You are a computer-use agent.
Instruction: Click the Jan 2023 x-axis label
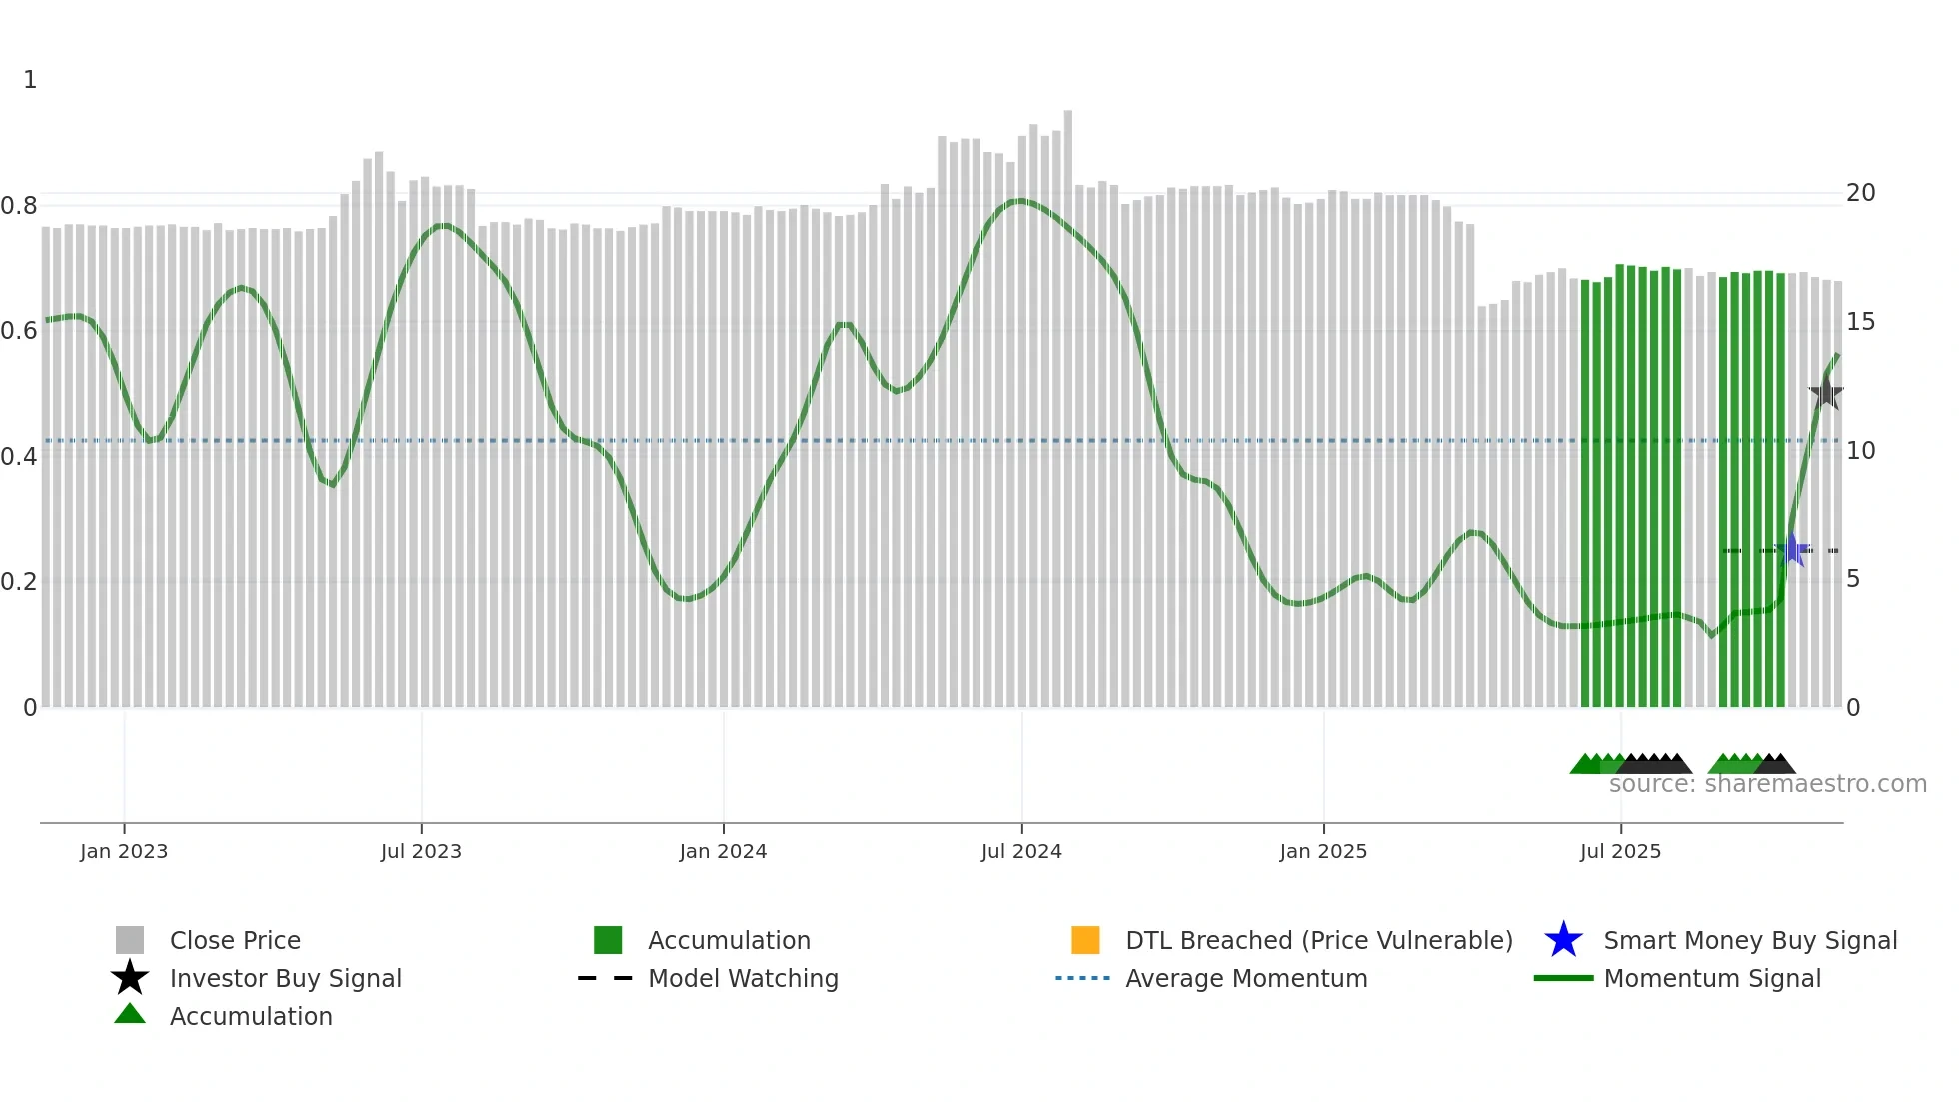click(124, 851)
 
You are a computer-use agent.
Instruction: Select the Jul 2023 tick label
click(421, 851)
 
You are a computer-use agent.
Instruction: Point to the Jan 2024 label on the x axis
click(723, 851)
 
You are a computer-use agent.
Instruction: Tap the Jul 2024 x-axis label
click(1021, 851)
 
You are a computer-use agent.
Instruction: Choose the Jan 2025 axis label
click(1323, 851)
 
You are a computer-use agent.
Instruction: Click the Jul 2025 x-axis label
click(1620, 851)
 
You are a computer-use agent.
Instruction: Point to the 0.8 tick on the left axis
click(19, 206)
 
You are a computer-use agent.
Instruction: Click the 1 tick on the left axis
click(30, 80)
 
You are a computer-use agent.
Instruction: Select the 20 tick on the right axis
click(1860, 193)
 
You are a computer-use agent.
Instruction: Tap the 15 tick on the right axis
click(1860, 322)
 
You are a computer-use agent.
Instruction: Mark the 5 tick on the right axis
click(1853, 579)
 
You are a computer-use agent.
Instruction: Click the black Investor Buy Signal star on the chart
click(1826, 393)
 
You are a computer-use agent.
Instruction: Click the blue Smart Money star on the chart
click(1792, 549)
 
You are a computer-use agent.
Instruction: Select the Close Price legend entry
click(235, 940)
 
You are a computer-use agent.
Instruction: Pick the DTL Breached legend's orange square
click(1085, 940)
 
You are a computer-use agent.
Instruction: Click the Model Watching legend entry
click(743, 978)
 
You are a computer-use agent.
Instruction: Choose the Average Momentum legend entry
click(1246, 978)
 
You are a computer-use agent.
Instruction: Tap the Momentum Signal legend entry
click(1712, 978)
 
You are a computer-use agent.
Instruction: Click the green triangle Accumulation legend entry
click(250, 1016)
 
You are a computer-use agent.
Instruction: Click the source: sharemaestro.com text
click(1767, 784)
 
